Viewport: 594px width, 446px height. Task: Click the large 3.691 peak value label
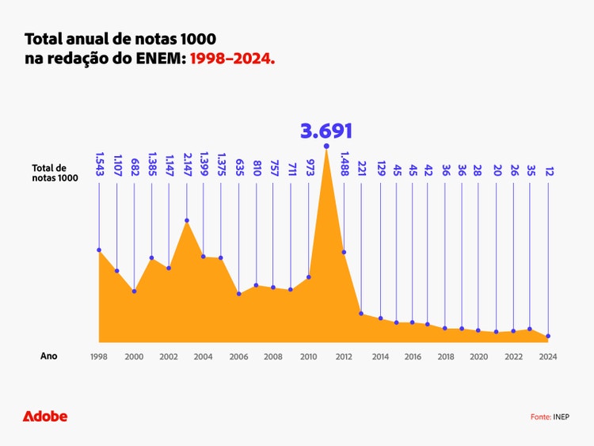326,131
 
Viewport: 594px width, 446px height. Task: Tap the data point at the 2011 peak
326,146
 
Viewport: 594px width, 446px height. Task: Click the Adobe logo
45,416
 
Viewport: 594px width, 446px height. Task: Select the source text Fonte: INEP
550,417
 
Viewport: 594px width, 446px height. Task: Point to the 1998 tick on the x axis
99,356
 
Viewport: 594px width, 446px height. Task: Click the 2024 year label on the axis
548,356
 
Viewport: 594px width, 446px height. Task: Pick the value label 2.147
187,167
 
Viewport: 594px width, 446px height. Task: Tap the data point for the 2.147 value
187,220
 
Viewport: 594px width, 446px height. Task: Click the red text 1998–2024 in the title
232,59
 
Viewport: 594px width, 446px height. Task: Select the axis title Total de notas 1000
55,173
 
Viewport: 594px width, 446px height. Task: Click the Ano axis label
49,356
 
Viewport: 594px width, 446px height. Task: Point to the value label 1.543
100,167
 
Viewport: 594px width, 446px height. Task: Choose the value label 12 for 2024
548,171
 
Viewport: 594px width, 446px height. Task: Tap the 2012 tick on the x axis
344,356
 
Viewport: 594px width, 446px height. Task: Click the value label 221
361,169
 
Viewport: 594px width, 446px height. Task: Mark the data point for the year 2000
134,291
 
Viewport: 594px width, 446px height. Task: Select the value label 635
239,169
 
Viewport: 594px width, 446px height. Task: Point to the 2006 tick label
238,356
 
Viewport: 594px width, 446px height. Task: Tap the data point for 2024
548,336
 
